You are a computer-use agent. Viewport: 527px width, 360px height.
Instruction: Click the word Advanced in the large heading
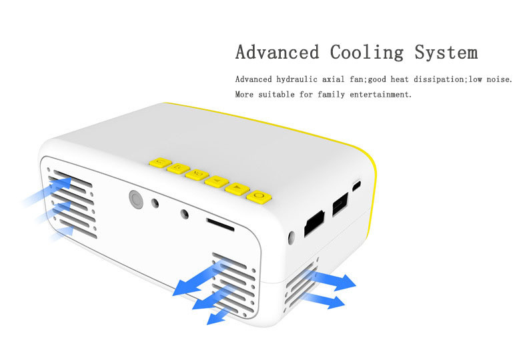pos(277,52)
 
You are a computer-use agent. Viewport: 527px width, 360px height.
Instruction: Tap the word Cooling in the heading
pos(367,52)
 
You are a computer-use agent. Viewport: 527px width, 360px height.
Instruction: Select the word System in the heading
pos(446,52)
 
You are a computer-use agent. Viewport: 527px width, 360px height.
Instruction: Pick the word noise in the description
pos(498,79)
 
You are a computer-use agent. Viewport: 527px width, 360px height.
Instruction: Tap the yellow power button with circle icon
pos(259,196)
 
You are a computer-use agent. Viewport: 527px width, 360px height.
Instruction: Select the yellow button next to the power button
pos(237,189)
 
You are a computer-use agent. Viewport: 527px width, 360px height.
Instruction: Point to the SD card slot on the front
pos(220,224)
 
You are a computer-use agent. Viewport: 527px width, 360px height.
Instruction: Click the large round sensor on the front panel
pos(136,199)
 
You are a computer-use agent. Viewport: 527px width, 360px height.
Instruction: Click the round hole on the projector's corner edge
pos(292,237)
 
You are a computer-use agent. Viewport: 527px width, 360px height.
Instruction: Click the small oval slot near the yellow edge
pos(357,184)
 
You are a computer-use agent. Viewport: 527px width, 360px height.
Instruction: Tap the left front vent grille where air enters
pos(73,203)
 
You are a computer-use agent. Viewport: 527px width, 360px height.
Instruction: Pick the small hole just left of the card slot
pos(185,215)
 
